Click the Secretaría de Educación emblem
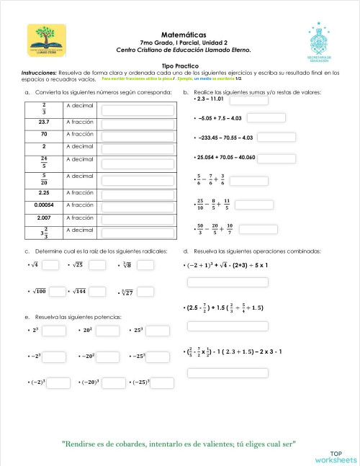click(318, 42)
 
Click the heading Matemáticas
click(184, 34)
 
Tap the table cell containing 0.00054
click(44, 205)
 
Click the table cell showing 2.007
click(44, 218)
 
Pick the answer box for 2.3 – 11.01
click(248, 100)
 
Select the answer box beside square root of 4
click(50, 265)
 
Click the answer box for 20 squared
click(107, 331)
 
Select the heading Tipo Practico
click(180, 65)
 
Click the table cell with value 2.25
click(44, 193)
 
